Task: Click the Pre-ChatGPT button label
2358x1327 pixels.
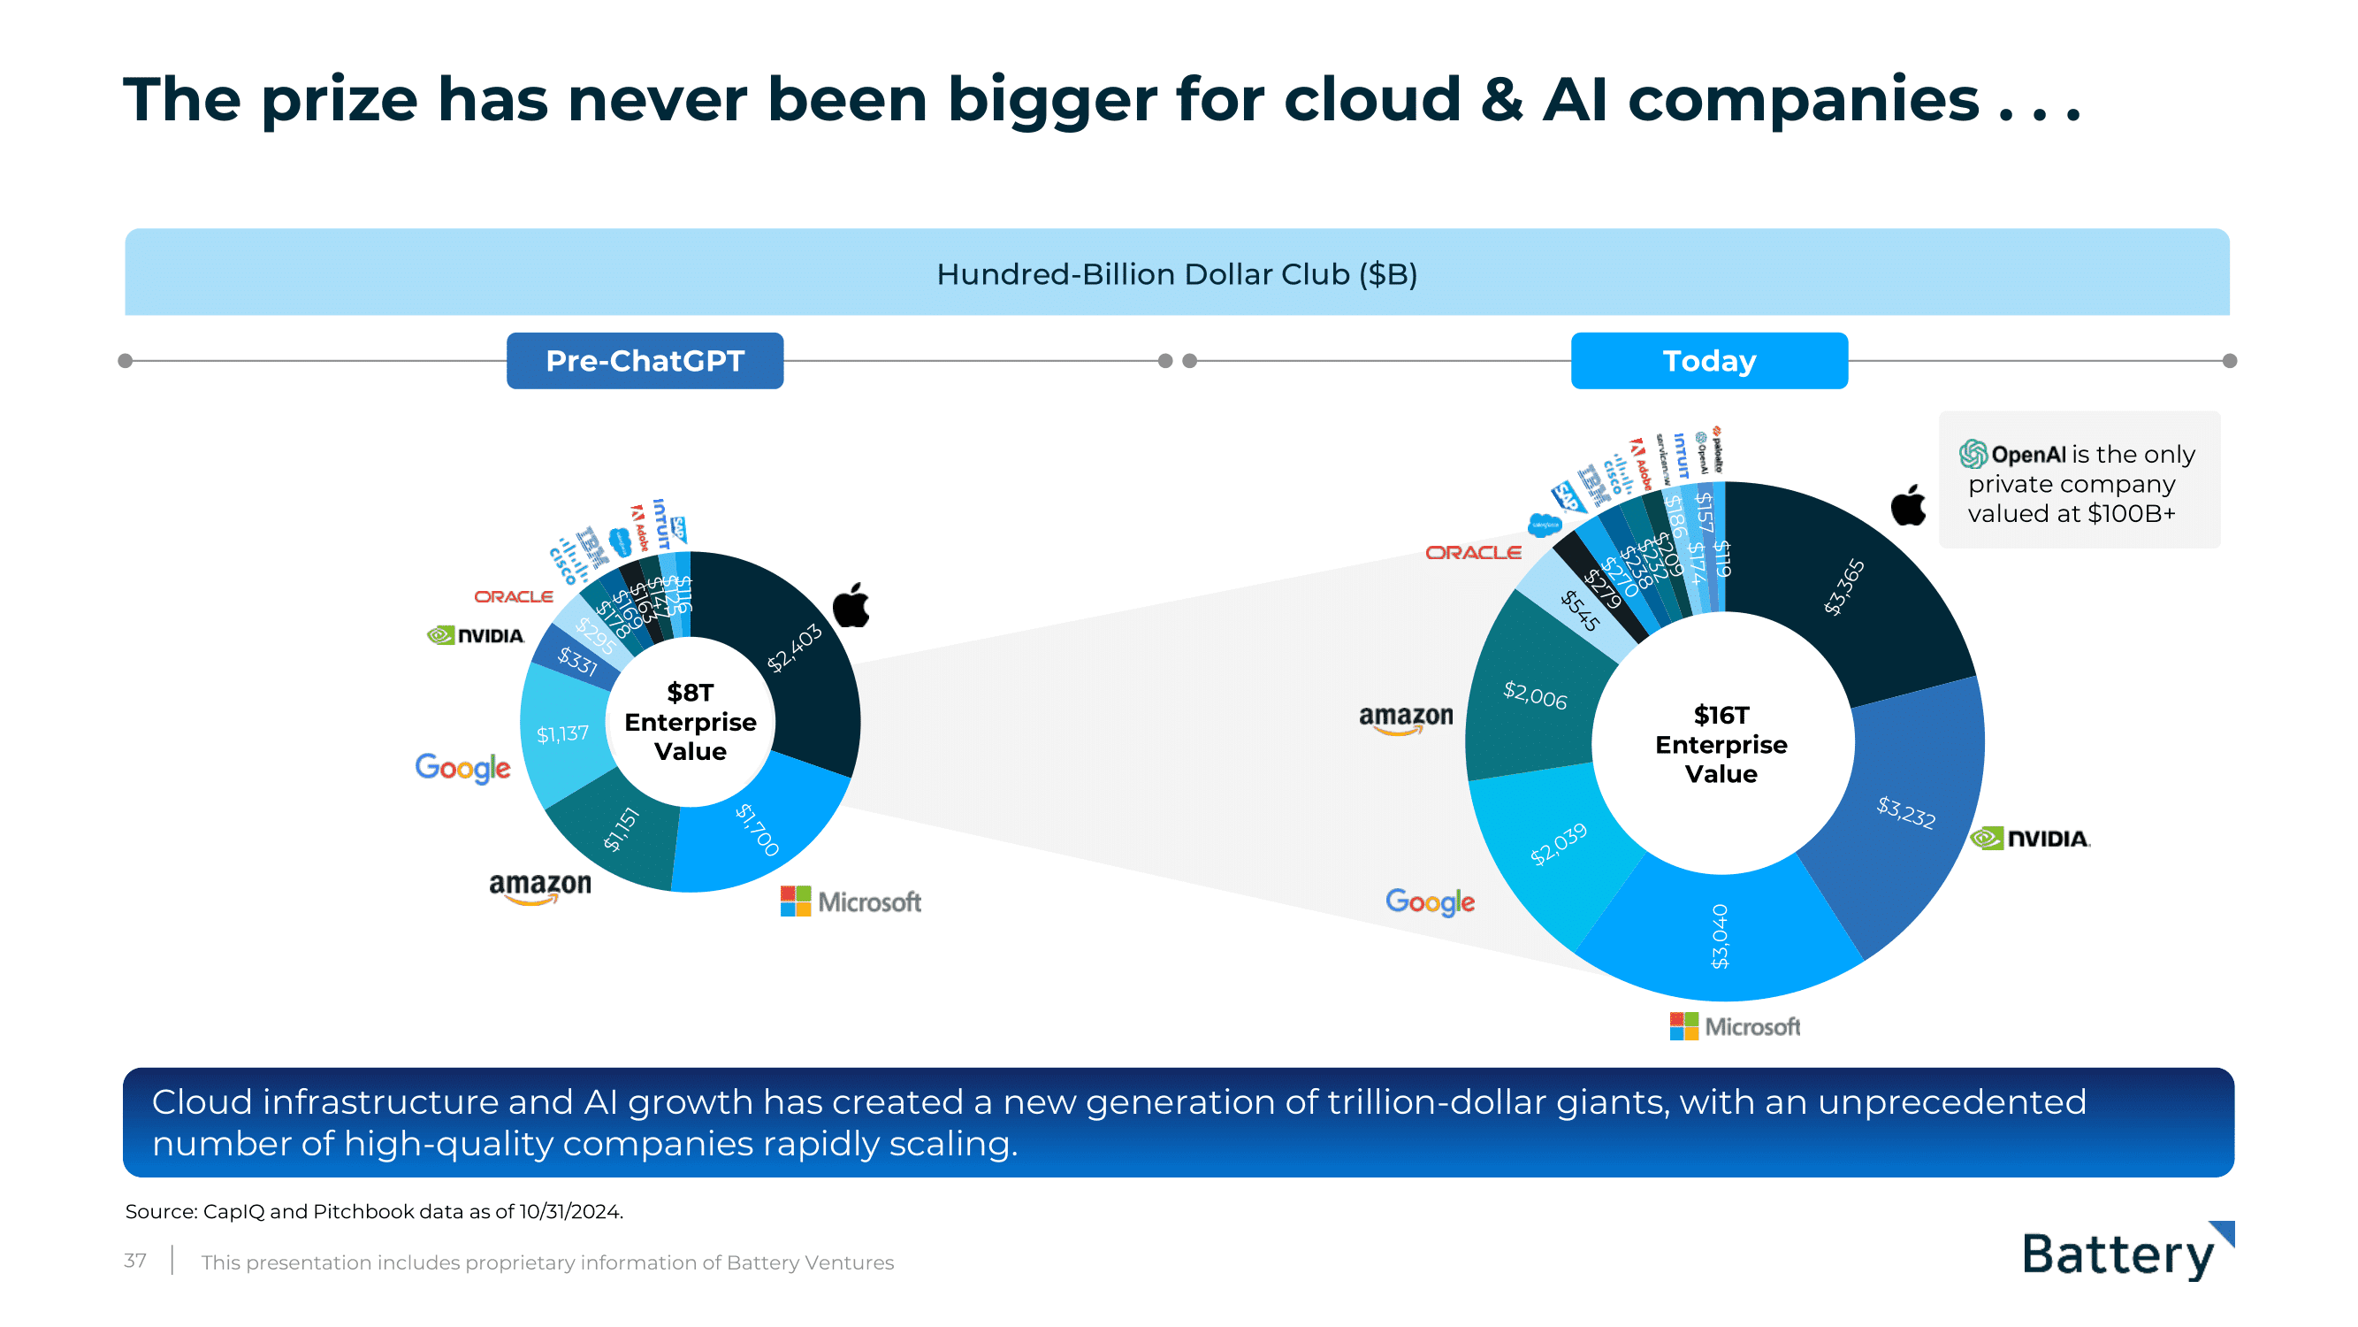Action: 645,361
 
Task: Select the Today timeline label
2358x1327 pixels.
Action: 1708,361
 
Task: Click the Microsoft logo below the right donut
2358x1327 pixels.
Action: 1734,1025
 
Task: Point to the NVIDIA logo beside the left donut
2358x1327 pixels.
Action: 475,634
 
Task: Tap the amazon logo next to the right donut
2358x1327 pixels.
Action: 1405,719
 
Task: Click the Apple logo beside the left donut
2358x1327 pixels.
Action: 851,604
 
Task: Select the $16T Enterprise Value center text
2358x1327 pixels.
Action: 1721,744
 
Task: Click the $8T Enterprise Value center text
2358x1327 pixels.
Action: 691,722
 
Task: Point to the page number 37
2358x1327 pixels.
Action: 134,1261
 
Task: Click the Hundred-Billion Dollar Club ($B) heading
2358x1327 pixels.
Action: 1176,274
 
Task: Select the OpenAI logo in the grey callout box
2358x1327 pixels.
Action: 1973,453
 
